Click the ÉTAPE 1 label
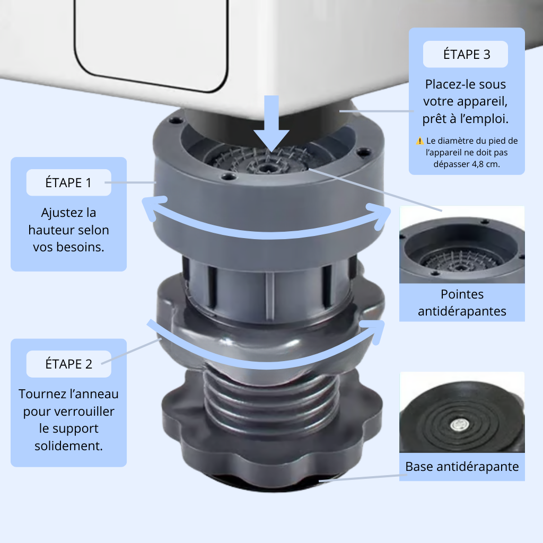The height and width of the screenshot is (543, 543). point(68,182)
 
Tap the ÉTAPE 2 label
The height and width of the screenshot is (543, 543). point(68,364)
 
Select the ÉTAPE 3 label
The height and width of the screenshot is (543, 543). point(466,55)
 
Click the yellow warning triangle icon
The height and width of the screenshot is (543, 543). point(420,141)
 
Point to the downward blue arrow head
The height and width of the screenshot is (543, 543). point(271,140)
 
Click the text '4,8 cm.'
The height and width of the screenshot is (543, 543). point(486,164)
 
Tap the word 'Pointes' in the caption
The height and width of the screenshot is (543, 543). point(462,294)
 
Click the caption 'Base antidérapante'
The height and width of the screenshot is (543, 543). point(462,467)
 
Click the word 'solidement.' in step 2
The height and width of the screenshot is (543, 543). point(68,445)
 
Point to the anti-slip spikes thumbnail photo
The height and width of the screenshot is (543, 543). point(462,244)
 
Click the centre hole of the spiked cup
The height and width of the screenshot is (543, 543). point(266,168)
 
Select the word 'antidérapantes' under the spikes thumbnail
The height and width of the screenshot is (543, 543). point(462,311)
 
